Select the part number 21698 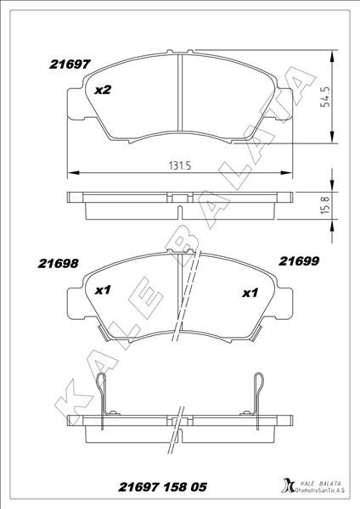(x=59, y=263)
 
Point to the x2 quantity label (x=104, y=90)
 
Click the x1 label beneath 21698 (x=104, y=290)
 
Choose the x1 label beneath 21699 (x=250, y=294)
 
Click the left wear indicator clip (x=103, y=393)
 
